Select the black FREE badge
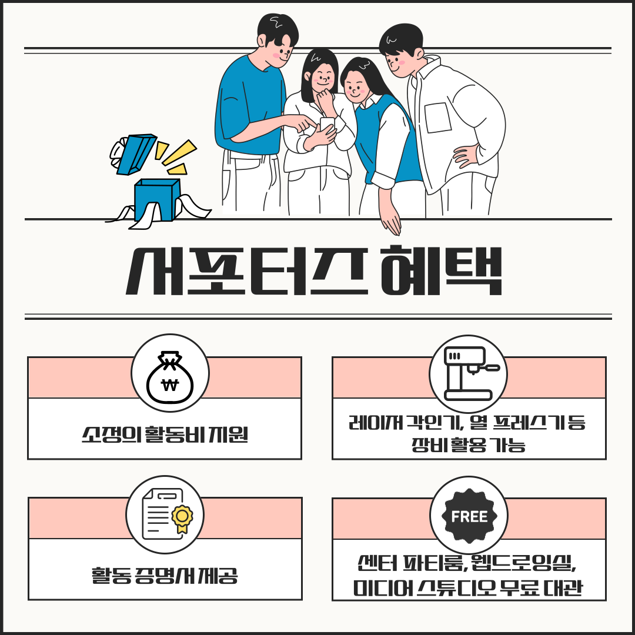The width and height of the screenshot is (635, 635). [469, 516]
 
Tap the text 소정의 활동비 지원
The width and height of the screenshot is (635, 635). [165, 435]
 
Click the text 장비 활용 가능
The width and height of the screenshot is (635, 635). [469, 444]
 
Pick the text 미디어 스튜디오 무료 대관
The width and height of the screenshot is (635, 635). [468, 587]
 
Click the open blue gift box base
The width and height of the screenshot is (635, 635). [157, 200]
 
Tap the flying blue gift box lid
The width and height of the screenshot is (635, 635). [136, 154]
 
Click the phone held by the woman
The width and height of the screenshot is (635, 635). [327, 126]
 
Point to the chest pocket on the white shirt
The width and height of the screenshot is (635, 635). [438, 118]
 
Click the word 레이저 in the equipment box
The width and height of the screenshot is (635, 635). [375, 422]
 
